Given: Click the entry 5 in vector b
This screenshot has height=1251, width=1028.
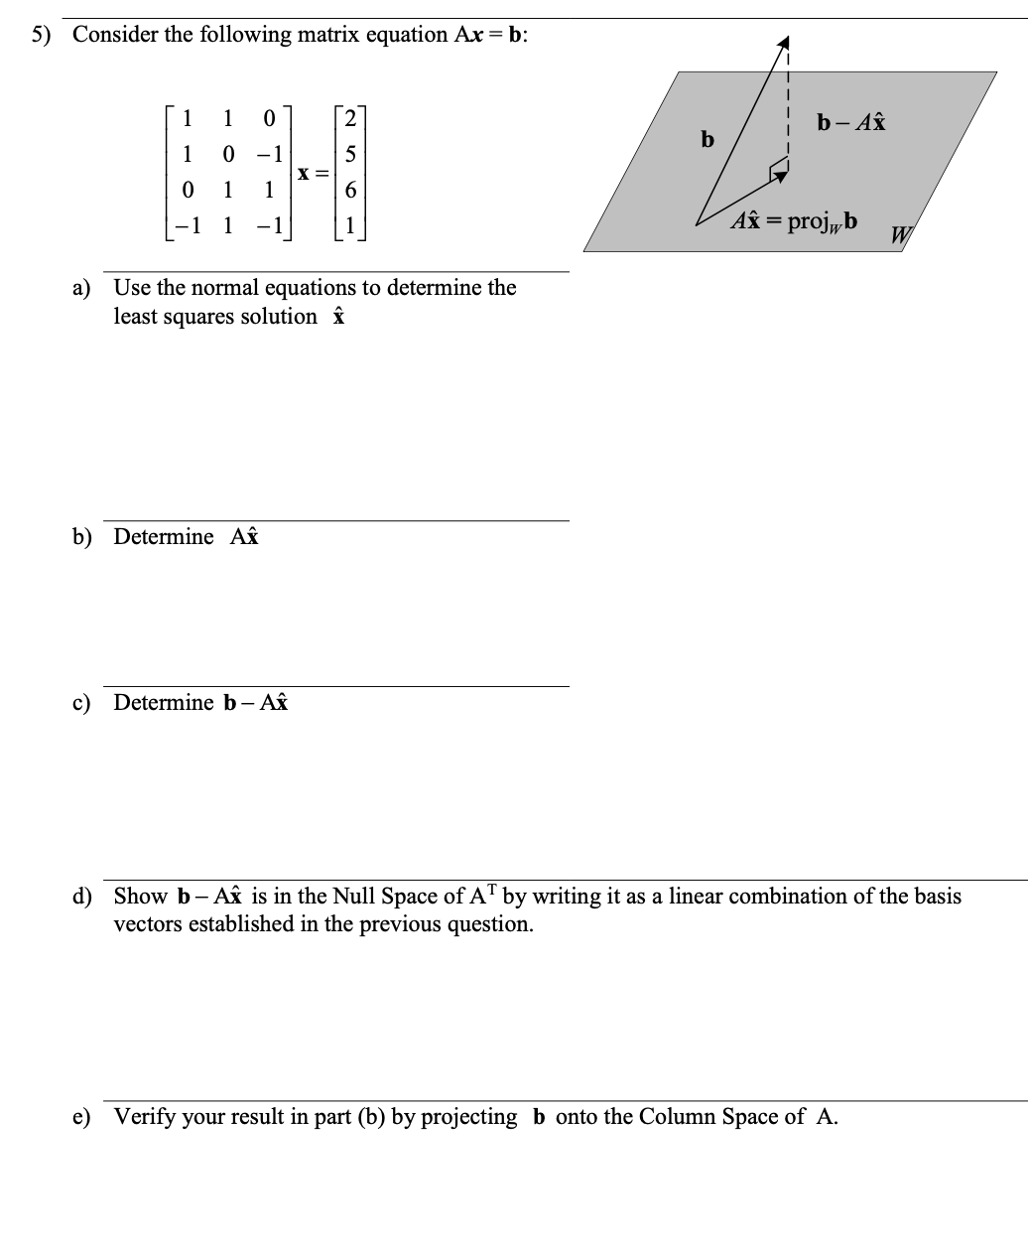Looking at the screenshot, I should click(x=350, y=155).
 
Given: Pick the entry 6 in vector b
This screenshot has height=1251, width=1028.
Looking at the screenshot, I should click(x=350, y=190).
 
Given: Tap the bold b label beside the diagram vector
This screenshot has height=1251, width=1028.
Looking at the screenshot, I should click(x=707, y=139).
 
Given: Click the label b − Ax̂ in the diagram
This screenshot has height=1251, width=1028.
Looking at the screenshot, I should click(x=851, y=123).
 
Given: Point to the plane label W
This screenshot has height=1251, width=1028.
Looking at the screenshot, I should click(x=900, y=235).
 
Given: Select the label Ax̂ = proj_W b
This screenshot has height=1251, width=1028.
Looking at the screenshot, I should click(x=795, y=220).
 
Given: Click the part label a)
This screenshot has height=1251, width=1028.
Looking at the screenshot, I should click(x=81, y=289).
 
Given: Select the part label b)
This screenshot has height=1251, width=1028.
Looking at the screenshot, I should click(x=81, y=537).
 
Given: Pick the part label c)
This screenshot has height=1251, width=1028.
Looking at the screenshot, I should click(x=81, y=703).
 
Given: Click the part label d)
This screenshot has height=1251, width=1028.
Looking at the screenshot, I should click(x=81, y=897).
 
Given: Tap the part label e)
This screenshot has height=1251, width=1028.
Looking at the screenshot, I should click(x=81, y=1117).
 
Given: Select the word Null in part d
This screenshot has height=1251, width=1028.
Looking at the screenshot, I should click(x=353, y=897).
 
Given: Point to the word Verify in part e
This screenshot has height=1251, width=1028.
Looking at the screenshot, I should click(x=145, y=1117).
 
